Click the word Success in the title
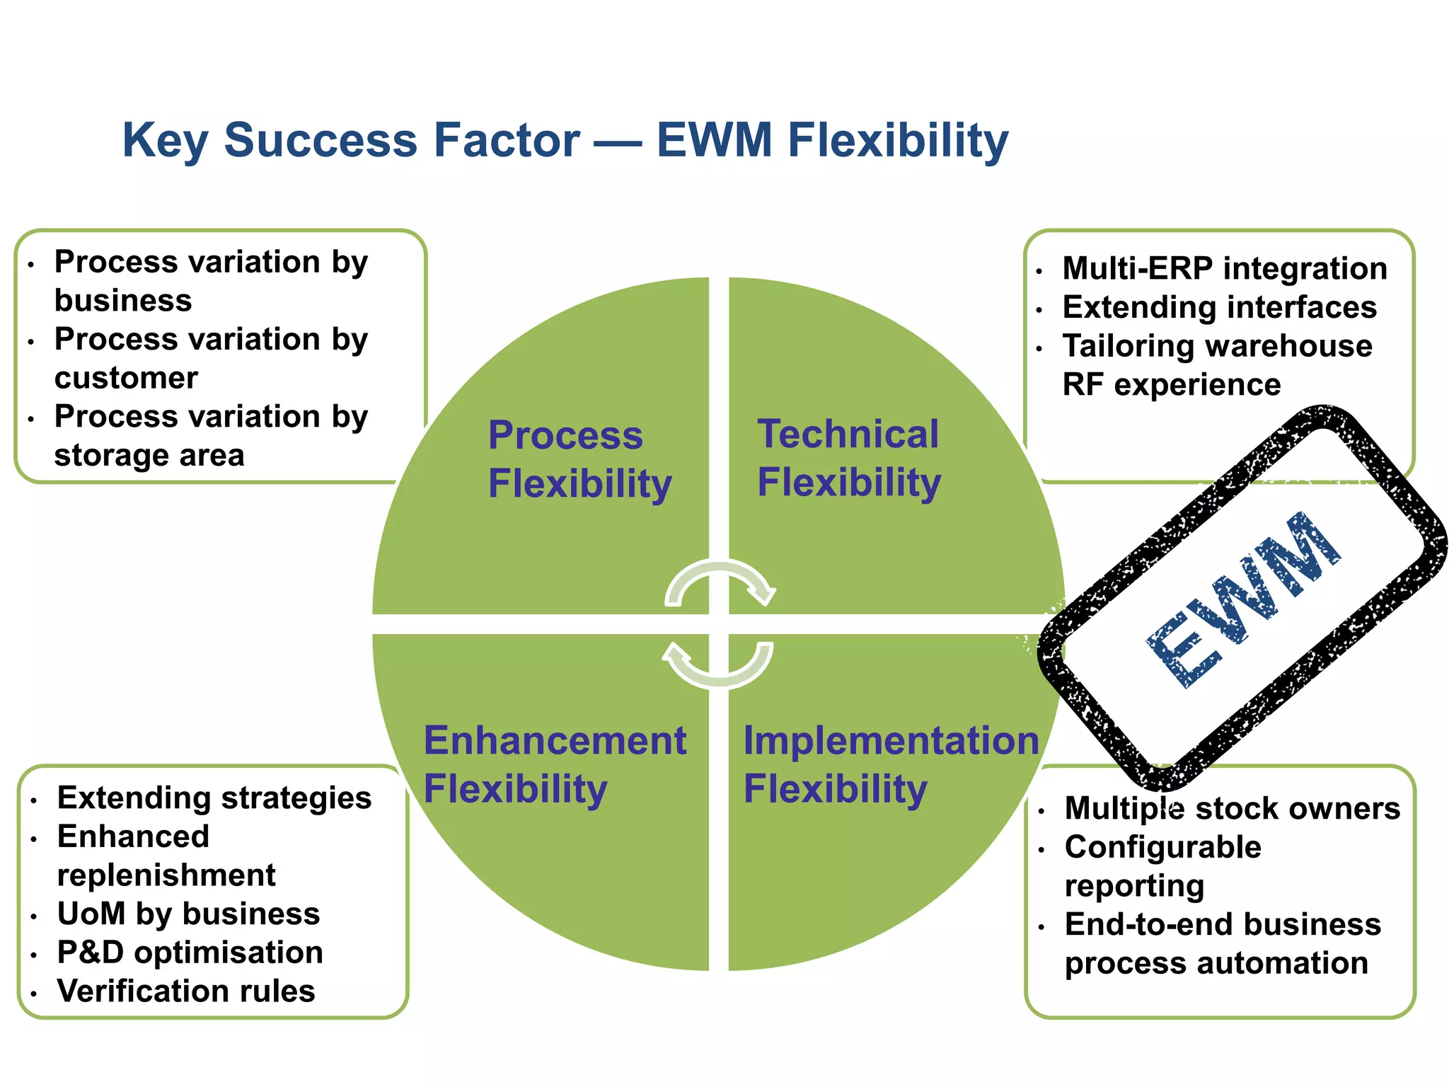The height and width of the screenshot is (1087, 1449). (321, 140)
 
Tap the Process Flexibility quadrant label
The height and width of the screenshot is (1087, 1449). (579, 459)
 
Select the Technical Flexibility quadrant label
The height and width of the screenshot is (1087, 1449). (848, 458)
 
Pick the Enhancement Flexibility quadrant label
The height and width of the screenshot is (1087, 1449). (554, 764)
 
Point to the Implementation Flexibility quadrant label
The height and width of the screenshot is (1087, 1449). (890, 764)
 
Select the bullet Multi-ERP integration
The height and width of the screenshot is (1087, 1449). (1224, 268)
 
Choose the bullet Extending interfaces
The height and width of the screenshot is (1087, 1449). (1219, 307)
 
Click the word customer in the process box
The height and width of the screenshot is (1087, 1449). (126, 378)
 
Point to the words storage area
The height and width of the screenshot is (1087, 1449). (149, 455)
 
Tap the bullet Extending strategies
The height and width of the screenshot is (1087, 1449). (214, 798)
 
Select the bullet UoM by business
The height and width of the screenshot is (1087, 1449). (188, 914)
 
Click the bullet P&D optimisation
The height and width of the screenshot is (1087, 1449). (190, 953)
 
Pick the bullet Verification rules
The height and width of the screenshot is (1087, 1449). (185, 991)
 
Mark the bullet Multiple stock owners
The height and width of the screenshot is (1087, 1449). (1232, 808)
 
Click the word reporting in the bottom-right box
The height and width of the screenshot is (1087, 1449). (1134, 886)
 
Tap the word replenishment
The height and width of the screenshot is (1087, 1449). (166, 875)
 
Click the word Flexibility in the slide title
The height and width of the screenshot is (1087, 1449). (898, 140)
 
